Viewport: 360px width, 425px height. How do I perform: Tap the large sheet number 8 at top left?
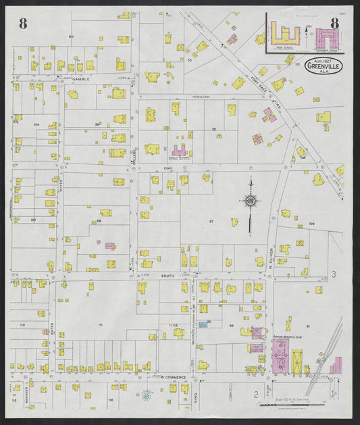pyautogui.click(x=23, y=25)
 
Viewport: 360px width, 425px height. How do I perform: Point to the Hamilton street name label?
pyautogui.click(x=201, y=97)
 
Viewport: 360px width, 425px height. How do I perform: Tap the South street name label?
pyautogui.click(x=167, y=276)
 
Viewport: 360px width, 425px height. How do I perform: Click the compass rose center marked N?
pyautogui.click(x=250, y=201)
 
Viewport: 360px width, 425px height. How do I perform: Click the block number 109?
pyautogui.click(x=311, y=223)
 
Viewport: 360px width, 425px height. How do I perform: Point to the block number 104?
pyautogui.click(x=36, y=125)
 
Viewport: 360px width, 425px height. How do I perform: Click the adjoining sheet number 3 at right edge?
pyautogui.click(x=334, y=274)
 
